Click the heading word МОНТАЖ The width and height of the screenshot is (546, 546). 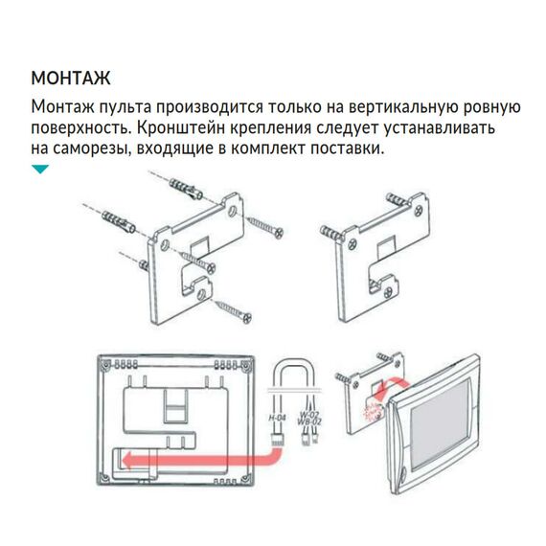tap(70, 78)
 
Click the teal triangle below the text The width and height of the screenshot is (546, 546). tap(39, 170)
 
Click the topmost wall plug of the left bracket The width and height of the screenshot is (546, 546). tap(182, 184)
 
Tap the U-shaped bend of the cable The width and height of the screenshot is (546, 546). tap(290, 367)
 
